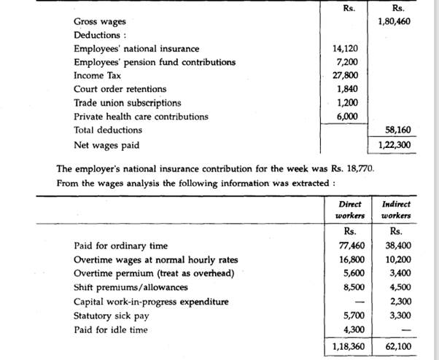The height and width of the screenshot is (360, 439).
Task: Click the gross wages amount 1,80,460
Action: tap(395, 22)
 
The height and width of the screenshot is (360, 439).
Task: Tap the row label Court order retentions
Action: tap(120, 89)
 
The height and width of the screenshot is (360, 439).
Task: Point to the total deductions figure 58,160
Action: tap(397, 130)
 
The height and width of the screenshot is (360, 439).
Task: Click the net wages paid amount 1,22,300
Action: tap(395, 144)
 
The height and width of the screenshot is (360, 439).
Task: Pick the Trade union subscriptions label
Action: tap(127, 103)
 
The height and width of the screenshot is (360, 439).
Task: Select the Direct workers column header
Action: tap(349, 210)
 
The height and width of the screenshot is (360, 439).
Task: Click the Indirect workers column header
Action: tap(396, 210)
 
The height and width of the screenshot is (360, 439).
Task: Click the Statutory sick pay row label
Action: tap(112, 316)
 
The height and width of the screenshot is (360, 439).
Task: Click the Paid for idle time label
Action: tap(111, 329)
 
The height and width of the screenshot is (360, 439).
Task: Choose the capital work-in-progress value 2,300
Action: tap(399, 302)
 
